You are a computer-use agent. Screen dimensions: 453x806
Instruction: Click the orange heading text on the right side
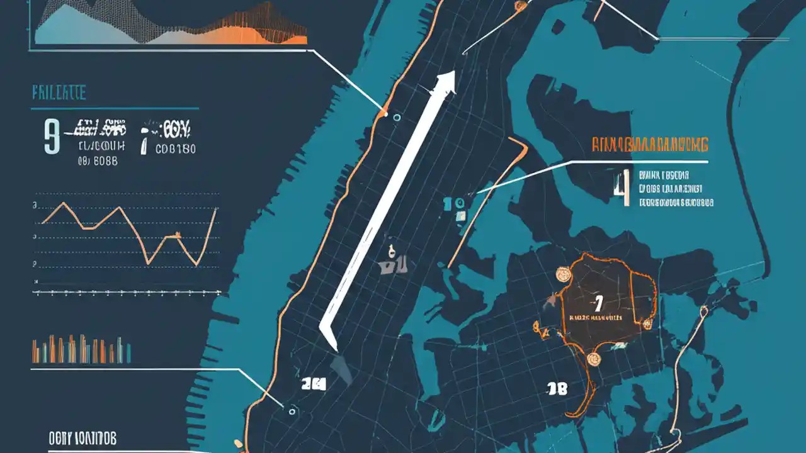(x=650, y=144)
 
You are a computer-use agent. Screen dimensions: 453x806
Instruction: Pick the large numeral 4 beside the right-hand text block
(x=623, y=189)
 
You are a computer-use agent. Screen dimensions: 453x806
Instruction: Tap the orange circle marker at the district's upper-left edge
(x=563, y=274)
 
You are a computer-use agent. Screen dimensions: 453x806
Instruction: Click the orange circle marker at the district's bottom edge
(x=593, y=359)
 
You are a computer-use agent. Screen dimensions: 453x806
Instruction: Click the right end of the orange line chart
(x=216, y=209)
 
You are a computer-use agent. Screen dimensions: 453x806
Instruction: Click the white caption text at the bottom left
(x=82, y=439)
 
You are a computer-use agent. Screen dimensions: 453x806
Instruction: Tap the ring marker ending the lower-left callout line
(x=292, y=410)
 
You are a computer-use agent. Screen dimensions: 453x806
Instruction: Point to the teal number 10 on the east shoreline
(x=453, y=203)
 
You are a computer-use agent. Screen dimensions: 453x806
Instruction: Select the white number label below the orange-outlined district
(x=557, y=389)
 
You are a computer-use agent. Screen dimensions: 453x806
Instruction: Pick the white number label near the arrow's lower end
(x=313, y=384)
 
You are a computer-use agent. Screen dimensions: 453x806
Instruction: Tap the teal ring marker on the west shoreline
(x=396, y=117)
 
